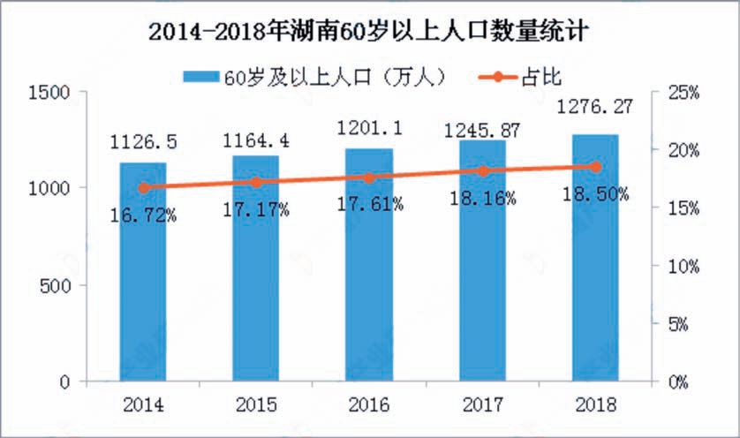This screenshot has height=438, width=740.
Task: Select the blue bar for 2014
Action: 143,283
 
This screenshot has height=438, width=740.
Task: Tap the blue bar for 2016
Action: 369,274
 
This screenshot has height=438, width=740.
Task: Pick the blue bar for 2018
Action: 595,265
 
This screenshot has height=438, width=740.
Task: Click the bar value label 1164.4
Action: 256,140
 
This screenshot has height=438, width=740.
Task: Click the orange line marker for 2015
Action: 256,182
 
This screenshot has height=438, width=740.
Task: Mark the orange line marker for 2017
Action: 482,170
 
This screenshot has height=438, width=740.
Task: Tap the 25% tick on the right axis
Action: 683,91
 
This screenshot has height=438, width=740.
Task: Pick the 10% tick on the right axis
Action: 683,266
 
